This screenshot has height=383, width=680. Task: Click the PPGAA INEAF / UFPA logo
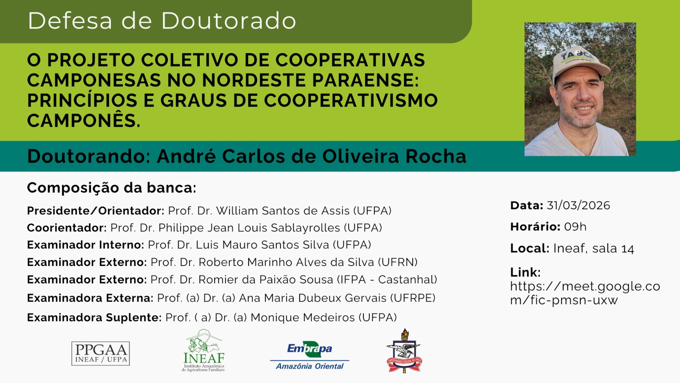point(100,353)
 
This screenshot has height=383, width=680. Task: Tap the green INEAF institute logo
point(204,351)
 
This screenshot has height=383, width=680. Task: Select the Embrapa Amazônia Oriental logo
point(310,355)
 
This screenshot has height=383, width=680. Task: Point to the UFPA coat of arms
point(404,351)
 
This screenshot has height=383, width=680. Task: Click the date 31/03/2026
point(578,206)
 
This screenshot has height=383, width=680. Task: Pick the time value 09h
point(575,227)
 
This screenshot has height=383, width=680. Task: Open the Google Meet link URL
point(585,293)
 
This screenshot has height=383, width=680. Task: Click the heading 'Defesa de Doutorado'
point(162,21)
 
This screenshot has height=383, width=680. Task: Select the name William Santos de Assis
point(283,211)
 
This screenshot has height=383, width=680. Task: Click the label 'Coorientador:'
point(67,228)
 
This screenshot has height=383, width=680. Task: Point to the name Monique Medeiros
point(303,317)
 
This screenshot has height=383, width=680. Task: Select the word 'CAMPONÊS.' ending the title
point(84,120)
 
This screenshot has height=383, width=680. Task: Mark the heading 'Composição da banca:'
point(112,188)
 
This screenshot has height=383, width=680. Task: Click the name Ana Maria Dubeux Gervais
point(313,298)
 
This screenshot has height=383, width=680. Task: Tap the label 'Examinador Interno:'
point(85,245)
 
